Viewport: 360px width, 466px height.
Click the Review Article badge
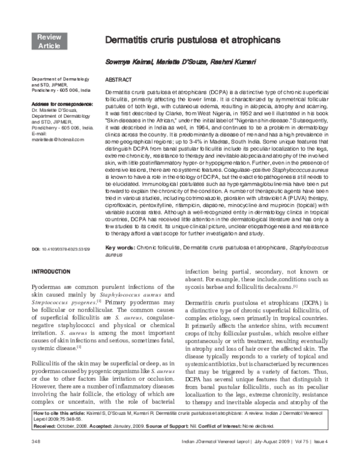coord(49,41)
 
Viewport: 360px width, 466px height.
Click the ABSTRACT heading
coord(118,80)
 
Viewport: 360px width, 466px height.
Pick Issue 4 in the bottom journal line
coord(338,459)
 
